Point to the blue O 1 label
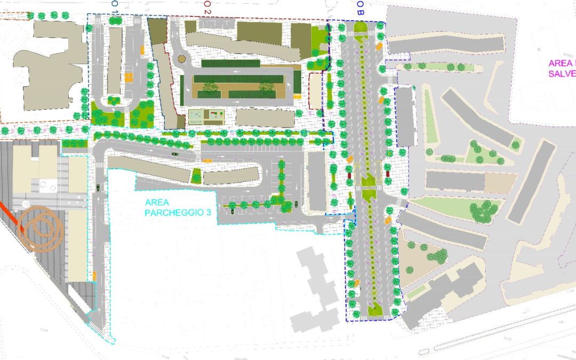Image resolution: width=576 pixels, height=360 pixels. [115, 4]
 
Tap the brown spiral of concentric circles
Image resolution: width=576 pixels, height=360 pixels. [41, 229]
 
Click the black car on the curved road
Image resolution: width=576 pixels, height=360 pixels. [175, 154]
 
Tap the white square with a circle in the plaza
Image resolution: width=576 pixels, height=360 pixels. [50, 187]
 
